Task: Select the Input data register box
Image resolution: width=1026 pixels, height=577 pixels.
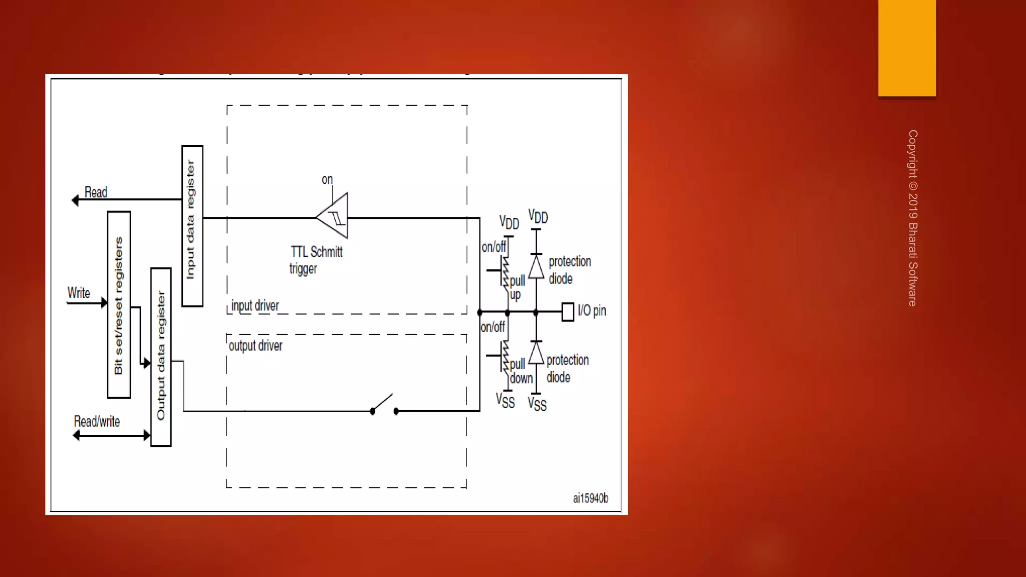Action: pos(192,226)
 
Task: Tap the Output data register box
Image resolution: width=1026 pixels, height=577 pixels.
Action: pos(161,357)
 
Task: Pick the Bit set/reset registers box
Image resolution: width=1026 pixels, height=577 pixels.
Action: pos(119,305)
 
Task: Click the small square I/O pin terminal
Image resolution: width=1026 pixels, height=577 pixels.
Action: pos(568,312)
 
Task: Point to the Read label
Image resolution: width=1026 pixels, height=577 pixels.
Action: pos(96,192)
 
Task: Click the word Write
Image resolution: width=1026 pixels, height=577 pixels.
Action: pos(79,293)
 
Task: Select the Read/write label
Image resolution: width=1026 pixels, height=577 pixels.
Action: pos(97,422)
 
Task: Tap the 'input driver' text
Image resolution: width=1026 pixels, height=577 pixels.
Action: pos(255,306)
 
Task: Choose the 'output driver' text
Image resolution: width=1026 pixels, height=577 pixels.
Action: pos(255,346)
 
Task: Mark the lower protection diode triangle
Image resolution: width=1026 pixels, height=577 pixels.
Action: pos(536,353)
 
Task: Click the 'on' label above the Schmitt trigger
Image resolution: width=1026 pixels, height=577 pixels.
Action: pos(327,179)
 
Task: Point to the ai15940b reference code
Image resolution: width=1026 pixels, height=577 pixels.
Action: pos(591,498)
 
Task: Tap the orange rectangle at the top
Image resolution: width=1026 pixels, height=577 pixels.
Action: pos(907,48)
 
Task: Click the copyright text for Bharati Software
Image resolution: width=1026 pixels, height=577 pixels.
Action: pos(913,218)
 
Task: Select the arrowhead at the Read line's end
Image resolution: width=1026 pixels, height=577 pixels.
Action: pos(75,200)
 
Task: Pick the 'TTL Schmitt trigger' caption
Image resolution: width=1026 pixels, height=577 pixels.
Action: pos(316,259)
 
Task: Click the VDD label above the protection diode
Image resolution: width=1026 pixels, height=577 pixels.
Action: pos(538,217)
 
